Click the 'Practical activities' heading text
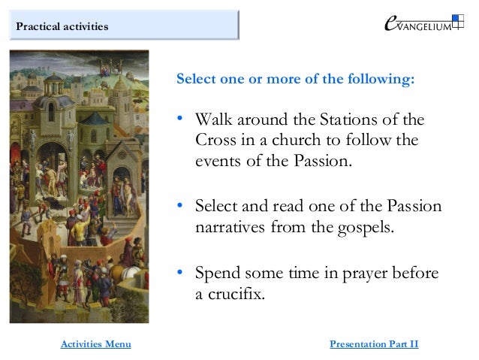click(x=62, y=27)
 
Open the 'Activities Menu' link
click(x=95, y=344)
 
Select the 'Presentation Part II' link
click(x=374, y=344)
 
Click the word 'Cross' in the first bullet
click(x=216, y=141)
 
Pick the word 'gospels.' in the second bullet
click(x=363, y=226)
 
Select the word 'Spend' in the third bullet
click(x=215, y=273)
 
